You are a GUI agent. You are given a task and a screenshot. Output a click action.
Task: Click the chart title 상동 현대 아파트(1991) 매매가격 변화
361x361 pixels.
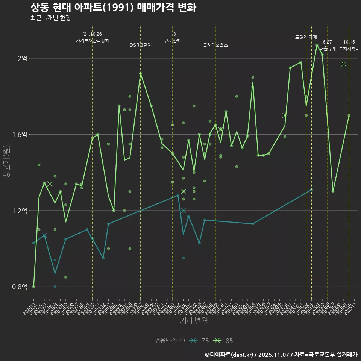point(113,8)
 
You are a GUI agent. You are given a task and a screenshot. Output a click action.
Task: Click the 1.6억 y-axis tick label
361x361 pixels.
point(21,135)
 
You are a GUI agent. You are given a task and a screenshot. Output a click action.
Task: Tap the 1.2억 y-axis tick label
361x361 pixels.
point(21,211)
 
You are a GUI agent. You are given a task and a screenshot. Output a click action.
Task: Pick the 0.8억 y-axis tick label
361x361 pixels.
point(21,287)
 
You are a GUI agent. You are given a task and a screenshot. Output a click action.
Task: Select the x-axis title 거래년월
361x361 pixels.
point(194,321)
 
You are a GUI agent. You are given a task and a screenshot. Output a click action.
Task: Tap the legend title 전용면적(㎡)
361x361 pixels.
point(170,341)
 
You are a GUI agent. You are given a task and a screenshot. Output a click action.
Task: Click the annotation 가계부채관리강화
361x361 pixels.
point(93,41)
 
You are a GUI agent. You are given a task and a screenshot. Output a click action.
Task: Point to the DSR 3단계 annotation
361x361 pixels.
point(141,45)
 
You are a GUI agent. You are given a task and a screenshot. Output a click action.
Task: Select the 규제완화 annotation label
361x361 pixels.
point(173,41)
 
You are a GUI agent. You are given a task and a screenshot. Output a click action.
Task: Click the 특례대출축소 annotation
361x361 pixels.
point(215,45)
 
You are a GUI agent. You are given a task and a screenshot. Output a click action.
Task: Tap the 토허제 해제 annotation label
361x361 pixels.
point(306,37)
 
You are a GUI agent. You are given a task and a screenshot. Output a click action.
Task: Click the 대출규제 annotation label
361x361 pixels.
point(328,49)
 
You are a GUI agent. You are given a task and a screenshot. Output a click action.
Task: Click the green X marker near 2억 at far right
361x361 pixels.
point(343,64)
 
